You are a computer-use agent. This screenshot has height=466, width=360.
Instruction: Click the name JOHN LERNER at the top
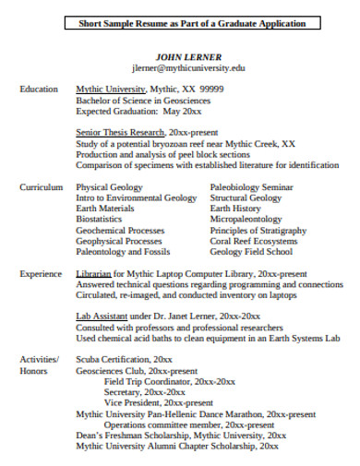188,56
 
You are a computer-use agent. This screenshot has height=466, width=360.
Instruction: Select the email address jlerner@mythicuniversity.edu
188,67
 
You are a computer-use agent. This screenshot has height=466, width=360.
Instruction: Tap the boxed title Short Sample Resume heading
188,23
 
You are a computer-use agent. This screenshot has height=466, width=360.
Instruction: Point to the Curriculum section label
42,186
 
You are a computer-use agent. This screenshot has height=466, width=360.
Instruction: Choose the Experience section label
42,274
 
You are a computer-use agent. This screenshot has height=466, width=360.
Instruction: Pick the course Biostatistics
99,220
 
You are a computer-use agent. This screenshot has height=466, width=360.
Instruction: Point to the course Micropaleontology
246,220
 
